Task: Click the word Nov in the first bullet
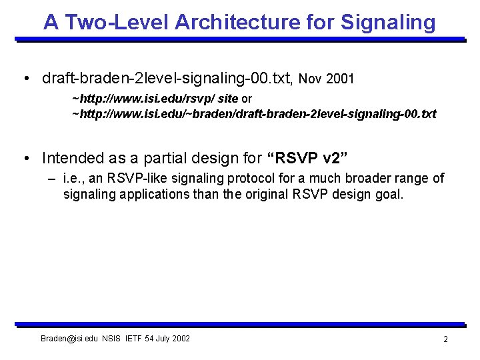[311, 79]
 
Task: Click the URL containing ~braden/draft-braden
[254, 114]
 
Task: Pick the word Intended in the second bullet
[69, 158]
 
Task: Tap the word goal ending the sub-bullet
[389, 195]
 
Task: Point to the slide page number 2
[445, 339]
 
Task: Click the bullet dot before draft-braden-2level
[25, 79]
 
